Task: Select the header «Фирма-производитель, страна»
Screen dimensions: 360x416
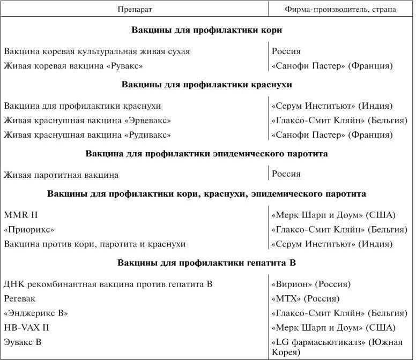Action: [x=341, y=9]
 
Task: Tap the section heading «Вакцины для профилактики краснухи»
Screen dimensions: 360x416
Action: [x=206, y=85]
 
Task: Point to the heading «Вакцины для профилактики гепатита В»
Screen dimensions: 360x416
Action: [x=206, y=263]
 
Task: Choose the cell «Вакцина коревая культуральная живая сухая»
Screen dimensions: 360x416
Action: [x=96, y=51]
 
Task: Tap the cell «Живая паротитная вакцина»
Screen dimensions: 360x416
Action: [x=61, y=175]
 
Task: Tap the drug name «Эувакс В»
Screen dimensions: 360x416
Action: [x=23, y=342]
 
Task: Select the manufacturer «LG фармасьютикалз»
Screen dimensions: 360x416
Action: [x=322, y=342]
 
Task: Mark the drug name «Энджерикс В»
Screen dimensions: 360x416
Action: [x=36, y=313]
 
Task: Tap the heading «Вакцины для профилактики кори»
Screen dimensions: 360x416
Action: [x=206, y=30]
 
